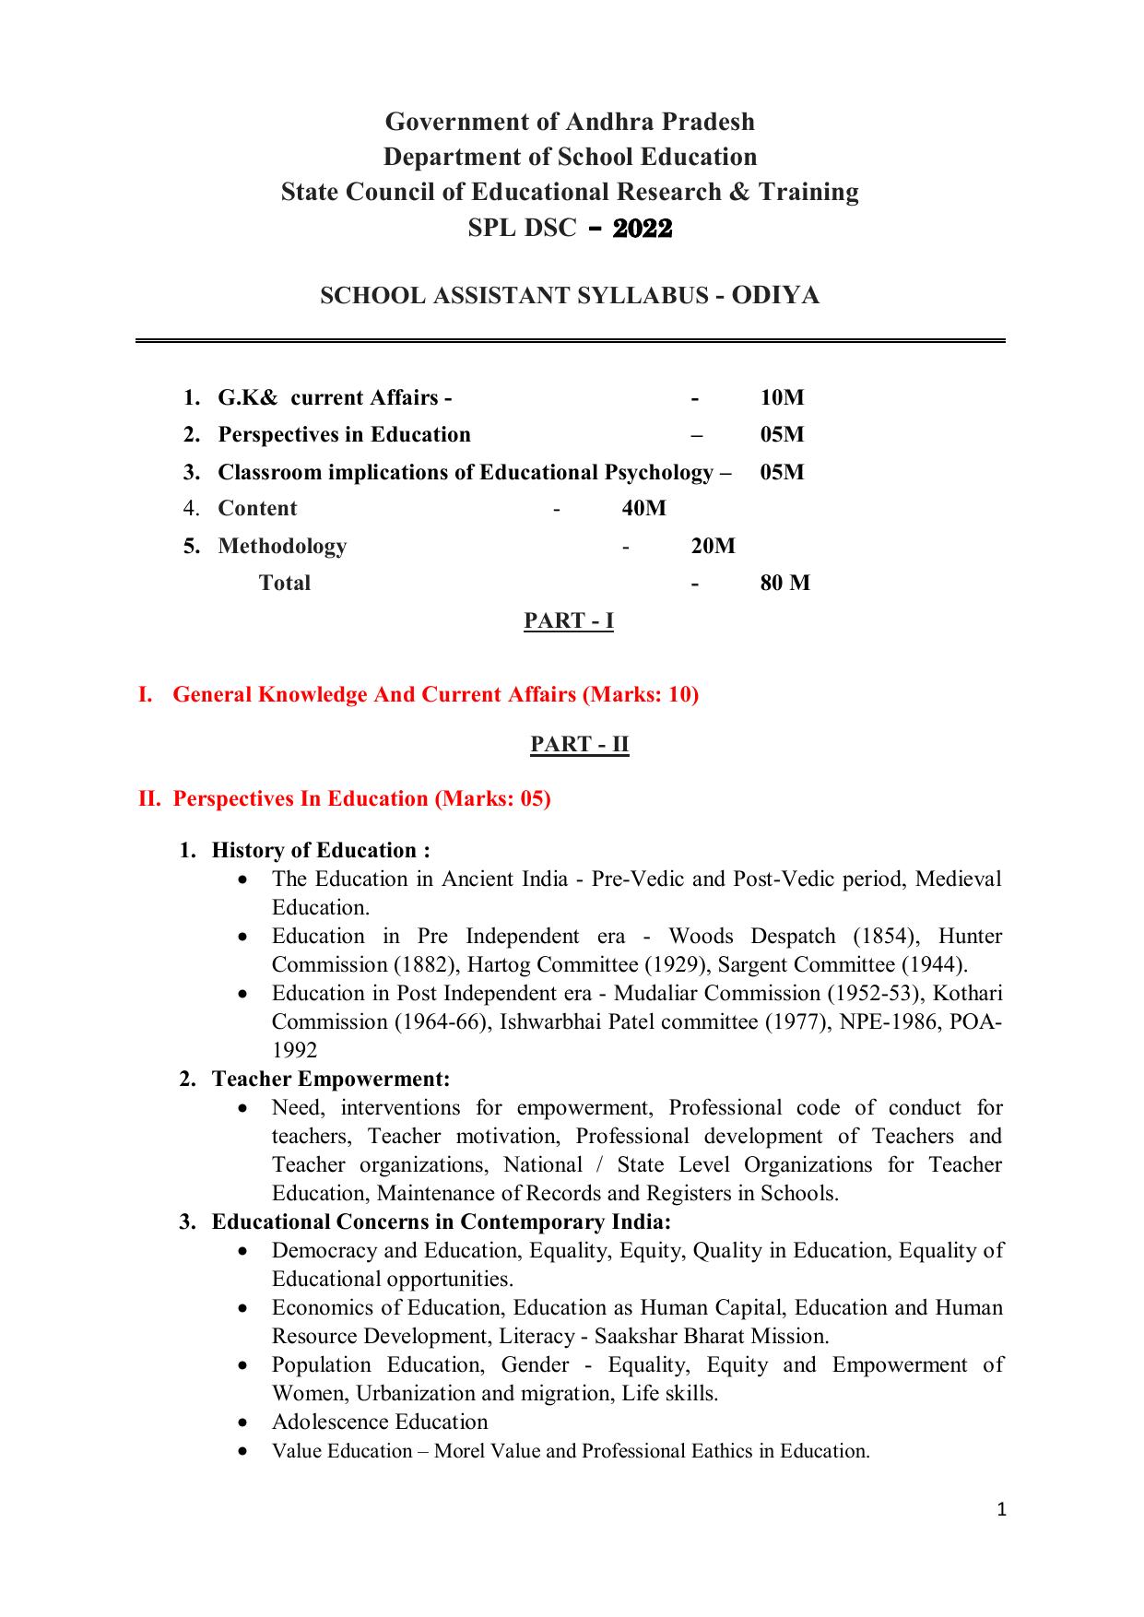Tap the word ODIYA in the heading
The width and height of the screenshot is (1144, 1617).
click(x=774, y=295)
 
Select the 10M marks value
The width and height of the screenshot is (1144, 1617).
click(x=782, y=397)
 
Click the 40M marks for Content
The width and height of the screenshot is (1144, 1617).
click(x=643, y=508)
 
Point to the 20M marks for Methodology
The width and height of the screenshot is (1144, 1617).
click(x=713, y=546)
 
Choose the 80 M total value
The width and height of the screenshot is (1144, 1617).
click(x=784, y=583)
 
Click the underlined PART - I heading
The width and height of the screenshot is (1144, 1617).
click(x=569, y=620)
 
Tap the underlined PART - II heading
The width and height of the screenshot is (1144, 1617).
click(x=579, y=743)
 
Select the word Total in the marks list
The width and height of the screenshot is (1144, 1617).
click(x=284, y=583)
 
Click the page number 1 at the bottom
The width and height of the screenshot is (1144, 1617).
click(x=1002, y=1509)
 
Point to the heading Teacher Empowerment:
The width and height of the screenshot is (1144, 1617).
click(x=330, y=1078)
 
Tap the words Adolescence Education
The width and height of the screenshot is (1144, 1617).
click(x=379, y=1422)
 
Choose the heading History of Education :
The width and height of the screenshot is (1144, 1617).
click(x=321, y=850)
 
